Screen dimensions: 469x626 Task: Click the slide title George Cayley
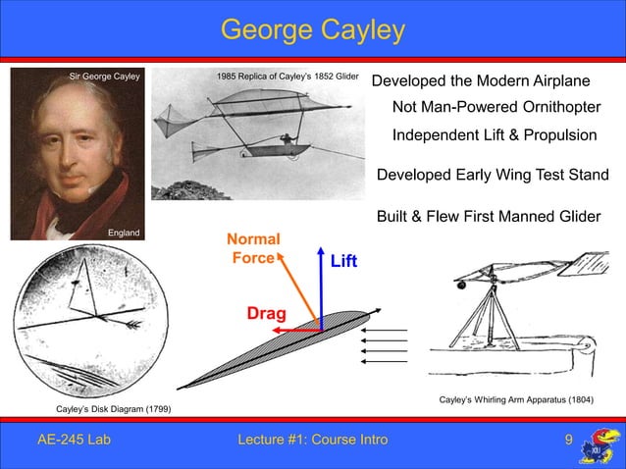tap(312, 30)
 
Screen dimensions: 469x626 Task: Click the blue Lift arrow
tap(321, 285)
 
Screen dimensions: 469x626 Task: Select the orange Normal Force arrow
tap(296, 288)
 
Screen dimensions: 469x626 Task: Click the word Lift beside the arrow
tap(343, 262)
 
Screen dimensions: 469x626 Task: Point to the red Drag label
tap(266, 314)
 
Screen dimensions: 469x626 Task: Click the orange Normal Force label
tap(253, 248)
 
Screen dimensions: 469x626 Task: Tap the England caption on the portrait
tap(125, 233)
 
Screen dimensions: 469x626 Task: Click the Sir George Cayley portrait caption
tap(105, 75)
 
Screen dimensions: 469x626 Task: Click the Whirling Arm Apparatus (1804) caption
tap(517, 400)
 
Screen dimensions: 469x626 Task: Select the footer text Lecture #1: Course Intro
tap(313, 440)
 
